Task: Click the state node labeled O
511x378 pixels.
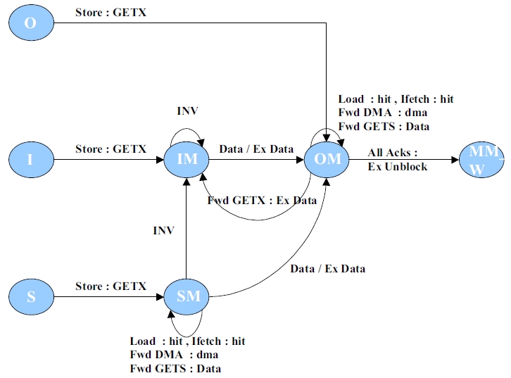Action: coord(30,23)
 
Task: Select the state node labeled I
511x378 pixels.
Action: coord(30,159)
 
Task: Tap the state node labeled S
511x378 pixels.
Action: coord(31,296)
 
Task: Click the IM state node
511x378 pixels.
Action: coord(188,159)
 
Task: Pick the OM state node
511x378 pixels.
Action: coord(328,159)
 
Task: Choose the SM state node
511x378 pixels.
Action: coord(188,296)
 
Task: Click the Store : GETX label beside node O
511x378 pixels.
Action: coord(111,13)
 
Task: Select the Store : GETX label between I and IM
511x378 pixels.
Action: coord(111,149)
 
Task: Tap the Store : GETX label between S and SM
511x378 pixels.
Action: coord(111,286)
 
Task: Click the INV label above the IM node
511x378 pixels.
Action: coord(187,112)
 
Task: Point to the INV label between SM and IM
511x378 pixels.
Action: coord(163,230)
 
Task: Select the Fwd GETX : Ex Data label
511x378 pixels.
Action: coord(262,201)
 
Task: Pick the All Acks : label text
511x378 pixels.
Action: coord(392,153)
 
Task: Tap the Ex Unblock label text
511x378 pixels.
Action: coord(397,167)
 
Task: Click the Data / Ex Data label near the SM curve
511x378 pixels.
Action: coord(327,268)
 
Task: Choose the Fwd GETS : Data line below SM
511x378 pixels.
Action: coord(175,368)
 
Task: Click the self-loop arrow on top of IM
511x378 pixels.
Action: coord(187,130)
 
